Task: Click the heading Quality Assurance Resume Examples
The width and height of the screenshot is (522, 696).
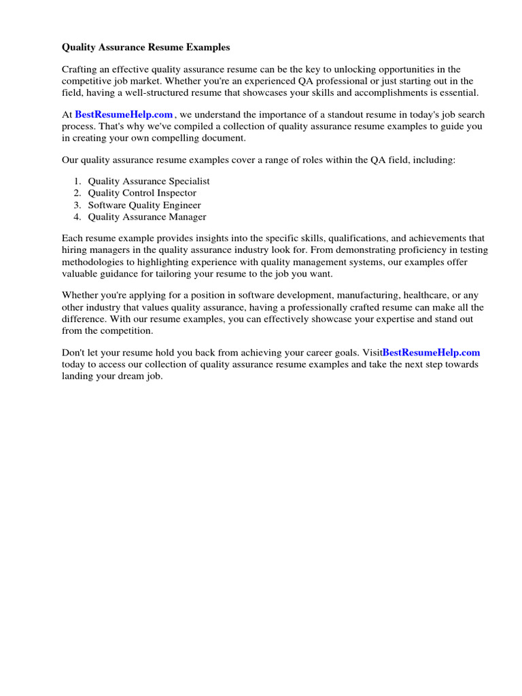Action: click(146, 48)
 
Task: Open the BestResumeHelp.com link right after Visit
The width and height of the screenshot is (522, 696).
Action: click(431, 353)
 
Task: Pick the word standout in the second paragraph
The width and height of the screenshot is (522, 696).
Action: click(321, 115)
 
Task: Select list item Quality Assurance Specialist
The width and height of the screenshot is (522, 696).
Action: click(149, 181)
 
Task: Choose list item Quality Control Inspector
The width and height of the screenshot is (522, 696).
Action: click(142, 193)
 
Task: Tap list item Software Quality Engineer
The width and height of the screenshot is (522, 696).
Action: click(144, 205)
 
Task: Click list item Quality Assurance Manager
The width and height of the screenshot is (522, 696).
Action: click(147, 217)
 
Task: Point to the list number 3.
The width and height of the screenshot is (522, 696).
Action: click(78, 205)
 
